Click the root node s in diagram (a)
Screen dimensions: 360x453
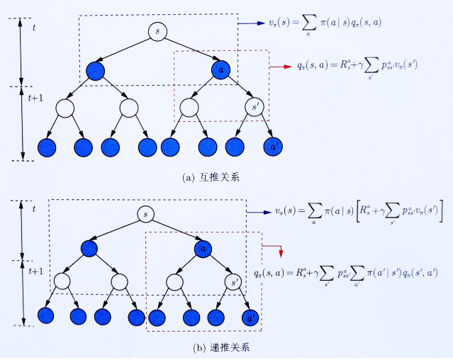pyautogui.click(x=157, y=32)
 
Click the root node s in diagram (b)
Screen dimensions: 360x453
pyautogui.click(x=145, y=213)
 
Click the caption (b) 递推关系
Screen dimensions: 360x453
pyautogui.click(x=211, y=348)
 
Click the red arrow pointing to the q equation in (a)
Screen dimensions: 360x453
pyautogui.click(x=281, y=67)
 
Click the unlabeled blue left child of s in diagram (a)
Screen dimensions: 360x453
pyautogui.click(x=95, y=70)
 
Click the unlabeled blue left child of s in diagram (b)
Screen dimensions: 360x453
pyautogui.click(x=89, y=249)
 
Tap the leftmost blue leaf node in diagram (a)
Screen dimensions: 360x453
pyautogui.click(x=47, y=147)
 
